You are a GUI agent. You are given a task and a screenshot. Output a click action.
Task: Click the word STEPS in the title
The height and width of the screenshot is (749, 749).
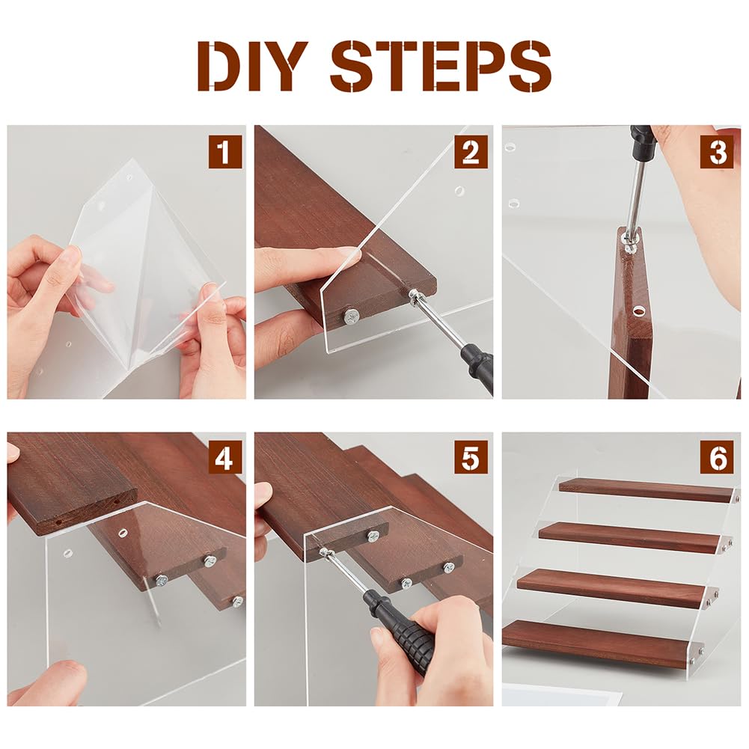tap(441, 66)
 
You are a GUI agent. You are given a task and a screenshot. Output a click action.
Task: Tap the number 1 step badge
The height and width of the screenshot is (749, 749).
tap(225, 152)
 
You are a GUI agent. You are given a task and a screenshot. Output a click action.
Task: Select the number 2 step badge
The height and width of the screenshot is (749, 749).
tap(471, 152)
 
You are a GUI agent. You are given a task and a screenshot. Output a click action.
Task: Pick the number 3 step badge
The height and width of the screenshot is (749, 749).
tap(717, 152)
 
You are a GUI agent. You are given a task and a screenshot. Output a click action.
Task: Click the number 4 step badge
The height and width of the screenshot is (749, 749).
tap(225, 458)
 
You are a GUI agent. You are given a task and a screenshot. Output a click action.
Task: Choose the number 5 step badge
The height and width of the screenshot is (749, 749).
tap(471, 458)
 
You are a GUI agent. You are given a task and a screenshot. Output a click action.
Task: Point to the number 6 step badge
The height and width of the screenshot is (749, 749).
tap(717, 458)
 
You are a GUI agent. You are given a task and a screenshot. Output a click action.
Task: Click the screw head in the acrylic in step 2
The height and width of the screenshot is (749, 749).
tap(352, 316)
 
